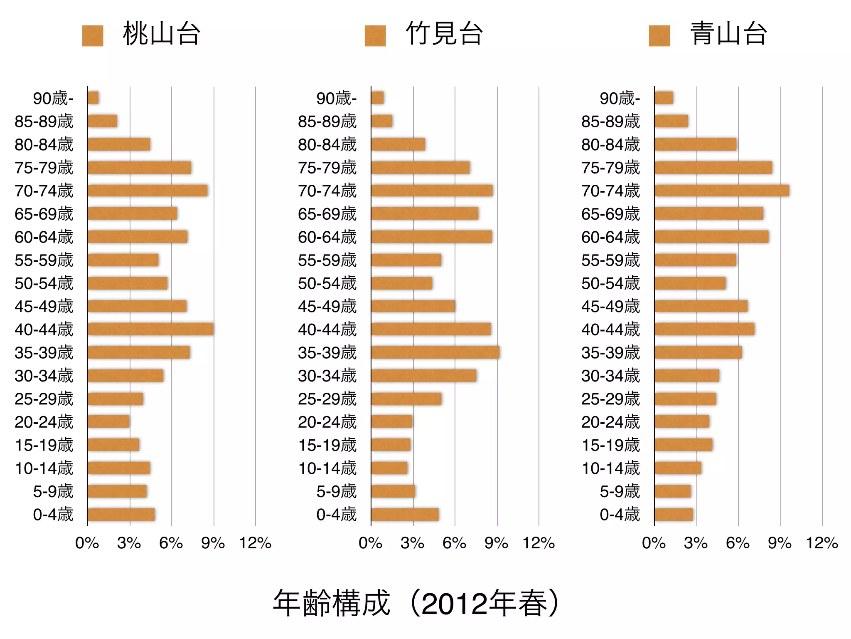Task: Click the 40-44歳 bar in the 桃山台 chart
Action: pyautogui.click(x=150, y=329)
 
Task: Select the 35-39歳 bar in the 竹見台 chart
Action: pyautogui.click(x=435, y=352)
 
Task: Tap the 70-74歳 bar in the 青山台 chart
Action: pyautogui.click(x=721, y=191)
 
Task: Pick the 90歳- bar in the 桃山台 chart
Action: pyautogui.click(x=93, y=98)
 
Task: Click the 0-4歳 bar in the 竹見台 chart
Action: pyautogui.click(x=405, y=515)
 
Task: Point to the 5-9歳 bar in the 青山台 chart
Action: pyautogui.click(x=672, y=491)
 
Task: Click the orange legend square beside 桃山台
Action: pyautogui.click(x=93, y=36)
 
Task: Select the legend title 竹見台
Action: pyautogui.click(x=444, y=34)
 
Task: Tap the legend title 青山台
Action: pyautogui.click(x=728, y=34)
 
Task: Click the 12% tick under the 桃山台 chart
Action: pyautogui.click(x=255, y=543)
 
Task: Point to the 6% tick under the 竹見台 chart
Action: pyautogui.click(x=454, y=543)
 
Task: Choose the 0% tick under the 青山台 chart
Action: pyautogui.click(x=654, y=543)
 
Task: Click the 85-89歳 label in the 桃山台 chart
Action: pyautogui.click(x=44, y=121)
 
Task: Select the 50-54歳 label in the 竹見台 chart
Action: pyautogui.click(x=327, y=283)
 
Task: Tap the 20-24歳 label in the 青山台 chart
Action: pyautogui.click(x=610, y=422)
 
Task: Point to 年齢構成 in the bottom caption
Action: pyautogui.click(x=332, y=603)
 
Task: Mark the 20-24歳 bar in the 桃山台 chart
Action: pyautogui.click(x=108, y=421)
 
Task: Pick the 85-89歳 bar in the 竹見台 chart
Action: pyautogui.click(x=381, y=121)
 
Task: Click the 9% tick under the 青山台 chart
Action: pyautogui.click(x=780, y=543)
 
